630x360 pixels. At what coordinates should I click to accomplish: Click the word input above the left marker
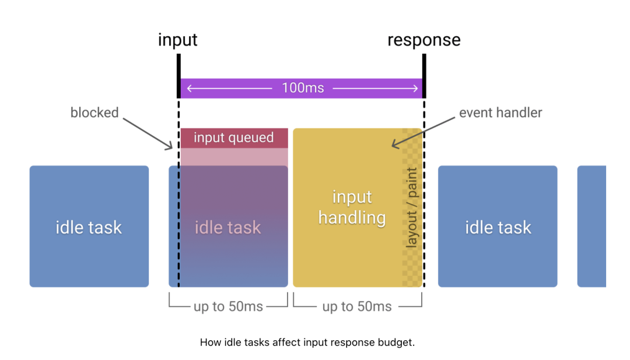tap(177, 40)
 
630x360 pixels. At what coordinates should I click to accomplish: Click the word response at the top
tap(424, 40)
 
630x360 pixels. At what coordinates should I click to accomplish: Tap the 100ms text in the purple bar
tap(303, 88)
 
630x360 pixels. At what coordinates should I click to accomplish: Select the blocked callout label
tap(94, 113)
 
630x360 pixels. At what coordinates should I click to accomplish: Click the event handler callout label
tap(501, 113)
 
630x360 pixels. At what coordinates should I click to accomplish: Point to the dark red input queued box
tap(235, 138)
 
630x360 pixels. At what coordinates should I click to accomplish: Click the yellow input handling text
tap(352, 207)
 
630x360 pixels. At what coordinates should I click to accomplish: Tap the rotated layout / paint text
tap(411, 207)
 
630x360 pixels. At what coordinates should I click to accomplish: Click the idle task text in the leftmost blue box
tap(89, 228)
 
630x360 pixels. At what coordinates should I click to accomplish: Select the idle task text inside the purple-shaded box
tap(228, 228)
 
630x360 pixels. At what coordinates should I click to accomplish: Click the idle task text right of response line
tap(498, 228)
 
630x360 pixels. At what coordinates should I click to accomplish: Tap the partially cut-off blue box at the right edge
tap(591, 226)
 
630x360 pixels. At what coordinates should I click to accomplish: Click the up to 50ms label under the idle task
tap(228, 306)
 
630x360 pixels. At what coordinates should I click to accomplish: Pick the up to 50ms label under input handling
tap(357, 306)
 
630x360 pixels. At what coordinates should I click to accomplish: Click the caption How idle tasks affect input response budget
tap(307, 342)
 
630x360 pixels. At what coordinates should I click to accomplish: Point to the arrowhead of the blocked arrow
tap(170, 147)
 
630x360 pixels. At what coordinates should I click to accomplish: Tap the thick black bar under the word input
tap(179, 76)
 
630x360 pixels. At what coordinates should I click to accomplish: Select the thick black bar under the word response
tap(424, 76)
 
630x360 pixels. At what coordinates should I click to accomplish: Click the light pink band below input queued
tap(235, 157)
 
